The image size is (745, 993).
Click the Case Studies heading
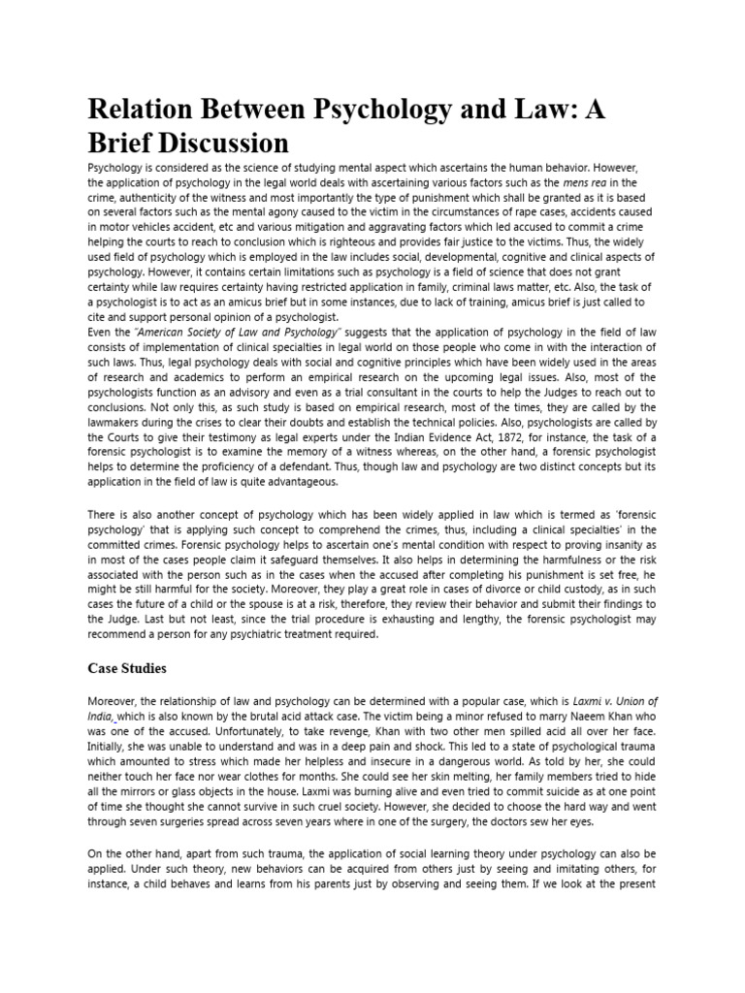coord(128,668)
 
